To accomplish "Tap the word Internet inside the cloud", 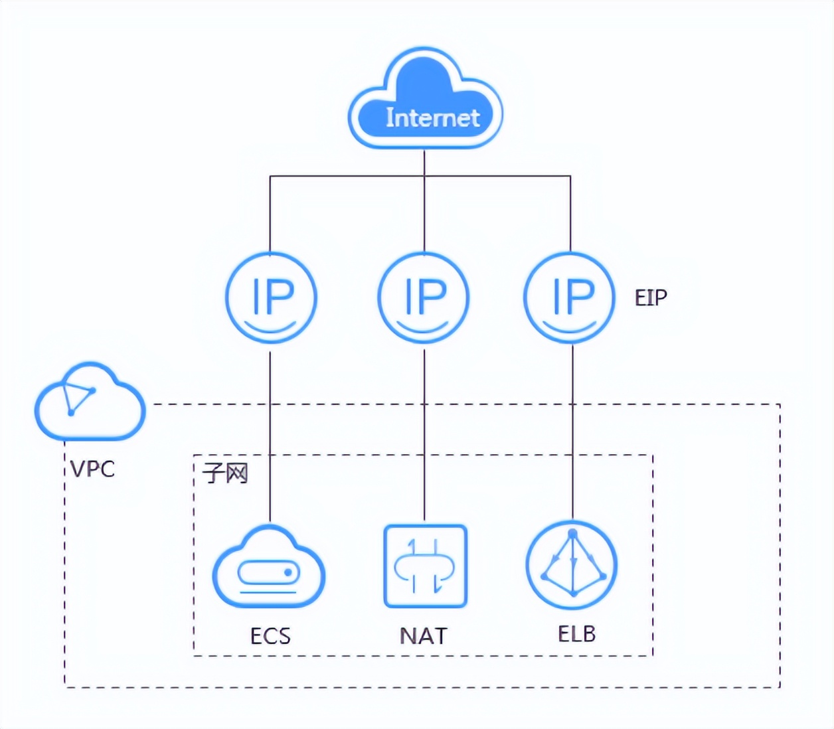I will (x=432, y=118).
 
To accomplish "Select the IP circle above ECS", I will (x=271, y=297).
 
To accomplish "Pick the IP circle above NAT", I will (x=424, y=297).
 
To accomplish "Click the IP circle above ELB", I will (x=570, y=297).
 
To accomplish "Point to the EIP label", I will (x=651, y=298).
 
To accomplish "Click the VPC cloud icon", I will (x=90, y=402).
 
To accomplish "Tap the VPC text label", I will (x=93, y=469).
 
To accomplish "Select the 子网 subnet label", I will (x=226, y=473).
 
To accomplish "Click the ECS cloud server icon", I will (x=269, y=568).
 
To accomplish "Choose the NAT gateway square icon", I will (x=425, y=566).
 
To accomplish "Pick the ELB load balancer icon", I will (x=572, y=566).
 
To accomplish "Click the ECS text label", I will (x=270, y=636).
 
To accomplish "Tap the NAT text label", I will (x=424, y=636).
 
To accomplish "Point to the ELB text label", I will (x=576, y=634).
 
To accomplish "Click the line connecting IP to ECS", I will (x=270, y=432).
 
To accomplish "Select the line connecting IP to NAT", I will (x=424, y=432).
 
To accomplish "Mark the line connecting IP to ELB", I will (x=572, y=432).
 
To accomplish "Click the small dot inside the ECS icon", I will (x=288, y=572).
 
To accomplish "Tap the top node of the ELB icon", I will (x=572, y=534).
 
